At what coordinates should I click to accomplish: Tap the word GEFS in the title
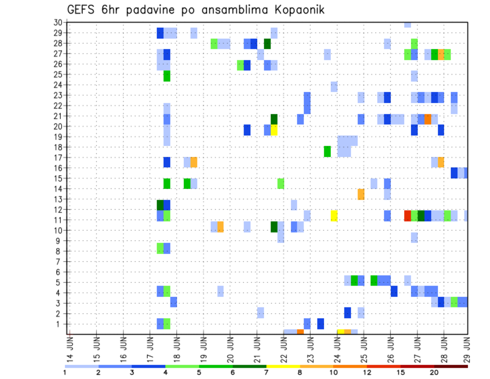84,10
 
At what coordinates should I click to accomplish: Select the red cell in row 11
408,215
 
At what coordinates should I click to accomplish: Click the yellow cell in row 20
274,130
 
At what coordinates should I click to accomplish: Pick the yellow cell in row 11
334,215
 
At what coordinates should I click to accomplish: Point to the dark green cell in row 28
267,43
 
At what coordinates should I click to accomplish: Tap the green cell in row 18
327,151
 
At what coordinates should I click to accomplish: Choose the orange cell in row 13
361,194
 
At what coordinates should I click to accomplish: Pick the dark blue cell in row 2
348,312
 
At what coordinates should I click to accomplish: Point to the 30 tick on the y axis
58,22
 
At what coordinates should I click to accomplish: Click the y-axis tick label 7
60,262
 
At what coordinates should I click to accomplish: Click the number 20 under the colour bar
434,372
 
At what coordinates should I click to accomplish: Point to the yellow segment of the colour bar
283,366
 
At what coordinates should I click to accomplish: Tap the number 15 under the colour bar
401,372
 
